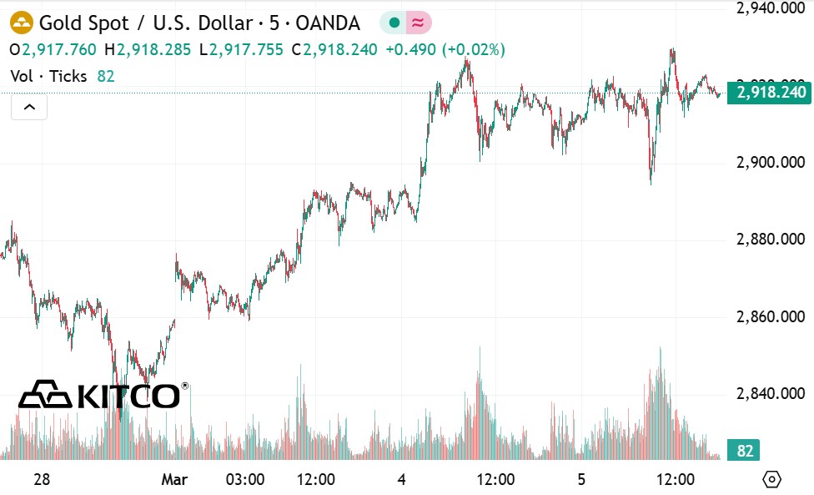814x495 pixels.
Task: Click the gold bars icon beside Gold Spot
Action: coord(21,23)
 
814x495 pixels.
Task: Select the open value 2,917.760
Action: coord(58,50)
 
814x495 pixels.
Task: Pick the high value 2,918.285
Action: coord(153,50)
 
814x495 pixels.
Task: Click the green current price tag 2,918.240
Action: coord(768,92)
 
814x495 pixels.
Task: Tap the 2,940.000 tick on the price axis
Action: coord(770,8)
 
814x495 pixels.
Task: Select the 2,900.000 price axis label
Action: coord(770,162)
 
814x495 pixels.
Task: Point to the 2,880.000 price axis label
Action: coord(770,240)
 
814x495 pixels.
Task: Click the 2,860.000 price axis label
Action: coord(770,317)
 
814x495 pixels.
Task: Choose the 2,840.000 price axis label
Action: coord(770,394)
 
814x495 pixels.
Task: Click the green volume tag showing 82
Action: coord(745,452)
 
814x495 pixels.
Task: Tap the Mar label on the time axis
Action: coord(174,479)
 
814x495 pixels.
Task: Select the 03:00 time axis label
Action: coord(245,479)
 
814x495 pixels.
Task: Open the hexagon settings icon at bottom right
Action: coord(772,479)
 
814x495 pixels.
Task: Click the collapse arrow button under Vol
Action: coord(29,107)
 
